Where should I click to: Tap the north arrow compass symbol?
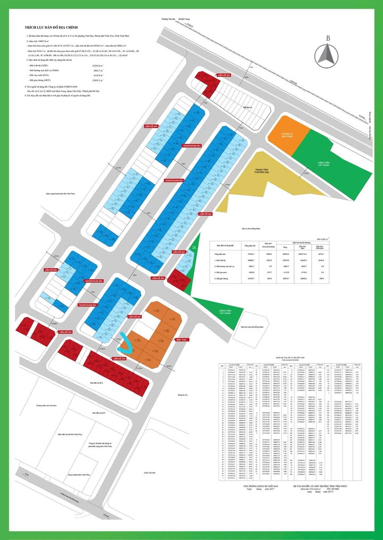click(328, 55)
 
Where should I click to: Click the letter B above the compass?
click(329, 37)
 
